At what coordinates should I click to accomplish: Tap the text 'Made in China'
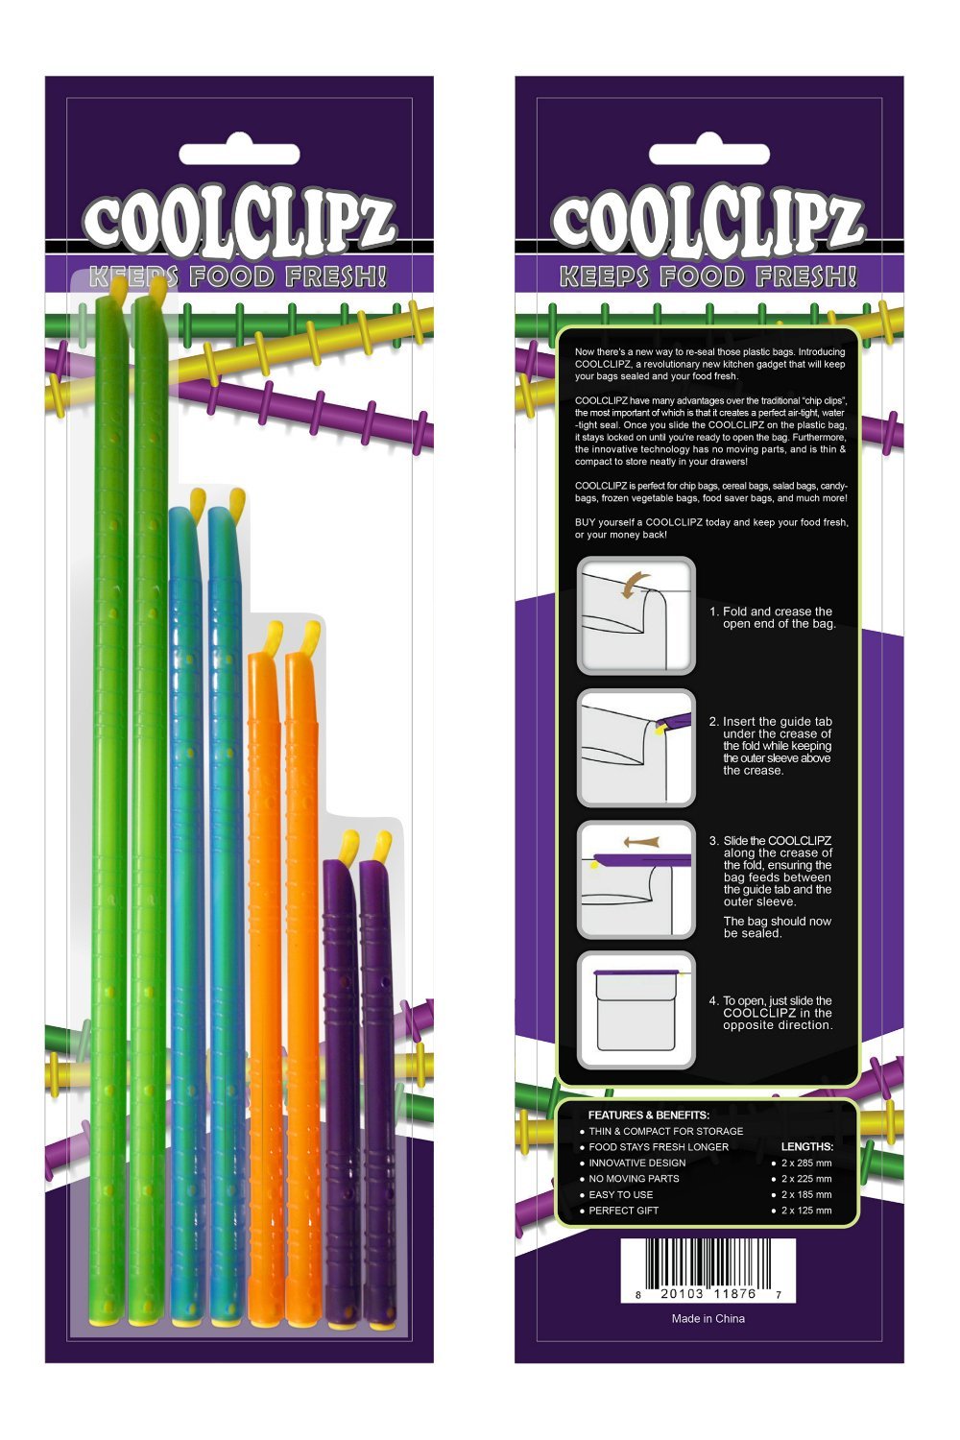tap(708, 1318)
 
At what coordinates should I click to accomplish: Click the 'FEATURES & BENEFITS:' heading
tap(649, 1115)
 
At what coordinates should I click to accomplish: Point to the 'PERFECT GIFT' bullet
tap(623, 1211)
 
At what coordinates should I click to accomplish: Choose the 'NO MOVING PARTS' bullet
tap(634, 1179)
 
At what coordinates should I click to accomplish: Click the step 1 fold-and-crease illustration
tap(636, 616)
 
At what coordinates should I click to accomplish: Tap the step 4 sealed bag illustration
tap(636, 1010)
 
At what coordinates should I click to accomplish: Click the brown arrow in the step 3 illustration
tap(640, 842)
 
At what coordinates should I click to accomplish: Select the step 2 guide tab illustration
tap(636, 748)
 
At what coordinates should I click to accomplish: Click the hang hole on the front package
tap(239, 155)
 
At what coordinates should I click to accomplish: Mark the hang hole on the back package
tap(708, 155)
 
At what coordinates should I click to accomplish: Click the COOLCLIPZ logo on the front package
tap(239, 223)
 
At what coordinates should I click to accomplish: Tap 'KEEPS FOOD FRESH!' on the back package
tap(708, 277)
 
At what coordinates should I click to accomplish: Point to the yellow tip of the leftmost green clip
tap(116, 289)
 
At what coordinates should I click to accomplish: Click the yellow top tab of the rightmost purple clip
tap(383, 846)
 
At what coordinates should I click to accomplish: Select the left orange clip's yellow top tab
tap(273, 636)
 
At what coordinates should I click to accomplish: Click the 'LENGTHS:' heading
tap(806, 1146)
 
